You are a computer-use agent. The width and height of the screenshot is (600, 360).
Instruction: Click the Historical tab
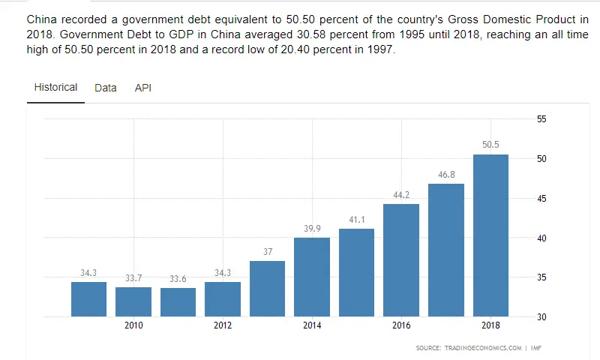click(x=55, y=87)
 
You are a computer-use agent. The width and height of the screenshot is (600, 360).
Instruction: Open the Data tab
click(x=106, y=88)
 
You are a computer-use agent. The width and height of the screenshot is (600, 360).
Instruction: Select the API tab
click(x=142, y=88)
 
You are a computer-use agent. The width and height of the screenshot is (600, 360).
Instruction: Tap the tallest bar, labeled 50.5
click(x=490, y=235)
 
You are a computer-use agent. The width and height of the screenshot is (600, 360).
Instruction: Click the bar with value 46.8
click(x=446, y=250)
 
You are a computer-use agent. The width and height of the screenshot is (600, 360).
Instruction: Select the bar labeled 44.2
click(x=401, y=260)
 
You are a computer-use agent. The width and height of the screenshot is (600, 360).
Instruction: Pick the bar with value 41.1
click(x=356, y=272)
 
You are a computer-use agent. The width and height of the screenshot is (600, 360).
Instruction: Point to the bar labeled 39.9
click(x=312, y=277)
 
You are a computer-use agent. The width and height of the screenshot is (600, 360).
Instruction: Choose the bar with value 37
click(x=267, y=289)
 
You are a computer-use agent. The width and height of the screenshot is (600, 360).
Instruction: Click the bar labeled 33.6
click(x=178, y=302)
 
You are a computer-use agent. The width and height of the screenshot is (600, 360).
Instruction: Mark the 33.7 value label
click(x=133, y=278)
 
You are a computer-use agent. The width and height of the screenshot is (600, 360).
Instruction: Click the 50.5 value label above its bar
click(x=490, y=145)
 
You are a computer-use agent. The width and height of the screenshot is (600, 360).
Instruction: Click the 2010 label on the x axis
click(x=133, y=325)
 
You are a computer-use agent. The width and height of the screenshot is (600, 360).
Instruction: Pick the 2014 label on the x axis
click(x=312, y=325)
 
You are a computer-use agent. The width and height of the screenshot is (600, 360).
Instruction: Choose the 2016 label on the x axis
click(x=401, y=325)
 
